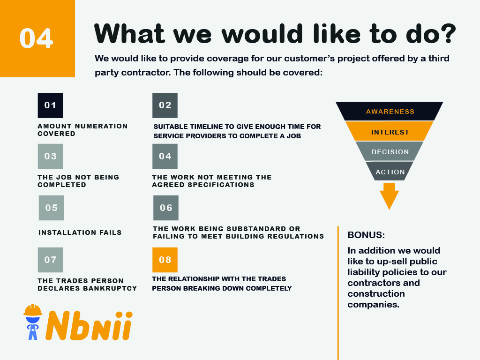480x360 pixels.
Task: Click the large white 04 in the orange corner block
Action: pyautogui.click(x=36, y=38)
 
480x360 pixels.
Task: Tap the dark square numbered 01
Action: pyautogui.click(x=51, y=105)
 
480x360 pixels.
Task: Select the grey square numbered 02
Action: pyautogui.click(x=165, y=105)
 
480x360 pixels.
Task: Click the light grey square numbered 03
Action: pyautogui.click(x=51, y=156)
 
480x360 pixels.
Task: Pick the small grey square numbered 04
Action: pyautogui.click(x=165, y=156)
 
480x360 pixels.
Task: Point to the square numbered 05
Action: pyautogui.click(x=52, y=208)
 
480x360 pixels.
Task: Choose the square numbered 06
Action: pyautogui.click(x=166, y=208)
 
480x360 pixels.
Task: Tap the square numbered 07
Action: pyautogui.click(x=51, y=260)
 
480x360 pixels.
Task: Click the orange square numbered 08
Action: pyautogui.click(x=165, y=260)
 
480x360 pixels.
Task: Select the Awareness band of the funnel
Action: pyautogui.click(x=390, y=111)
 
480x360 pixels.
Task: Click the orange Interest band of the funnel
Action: pyautogui.click(x=390, y=131)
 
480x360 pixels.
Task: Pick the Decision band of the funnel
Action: pyautogui.click(x=390, y=151)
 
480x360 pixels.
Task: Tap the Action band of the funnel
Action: pyautogui.click(x=390, y=171)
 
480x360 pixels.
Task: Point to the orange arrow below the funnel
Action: pyautogui.click(x=390, y=196)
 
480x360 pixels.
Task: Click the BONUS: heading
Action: pyautogui.click(x=366, y=235)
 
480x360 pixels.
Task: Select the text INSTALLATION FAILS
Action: pyautogui.click(x=80, y=232)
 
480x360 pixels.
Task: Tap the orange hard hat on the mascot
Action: pyautogui.click(x=33, y=310)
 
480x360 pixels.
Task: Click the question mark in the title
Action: pyautogui.click(x=448, y=33)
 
